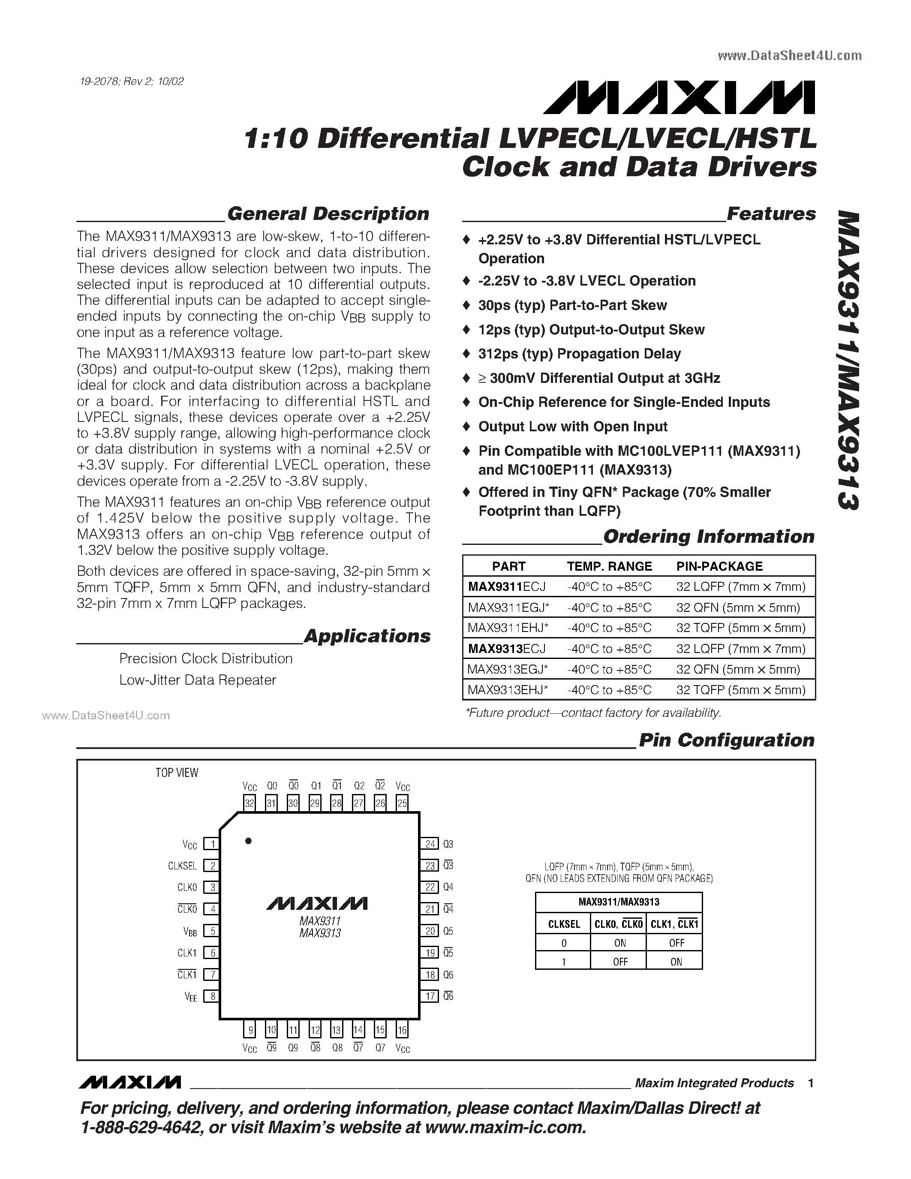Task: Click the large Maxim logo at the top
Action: (x=679, y=98)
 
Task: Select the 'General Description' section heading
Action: (x=328, y=214)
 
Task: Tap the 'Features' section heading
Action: (x=771, y=214)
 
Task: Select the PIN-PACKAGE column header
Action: (x=719, y=566)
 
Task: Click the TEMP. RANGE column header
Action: (x=609, y=566)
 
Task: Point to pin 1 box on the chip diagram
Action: (x=213, y=844)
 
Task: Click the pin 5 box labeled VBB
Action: (x=213, y=931)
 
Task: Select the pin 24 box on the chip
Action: (x=430, y=844)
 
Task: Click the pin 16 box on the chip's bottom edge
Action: (x=402, y=1030)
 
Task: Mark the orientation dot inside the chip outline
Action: (x=248, y=841)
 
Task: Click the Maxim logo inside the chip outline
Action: (x=317, y=903)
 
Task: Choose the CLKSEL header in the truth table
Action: (x=563, y=924)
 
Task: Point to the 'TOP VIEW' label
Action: (x=177, y=773)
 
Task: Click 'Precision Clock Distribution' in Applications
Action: (x=206, y=659)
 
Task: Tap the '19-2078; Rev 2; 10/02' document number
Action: (x=131, y=81)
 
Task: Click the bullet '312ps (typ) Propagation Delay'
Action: (x=579, y=354)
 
